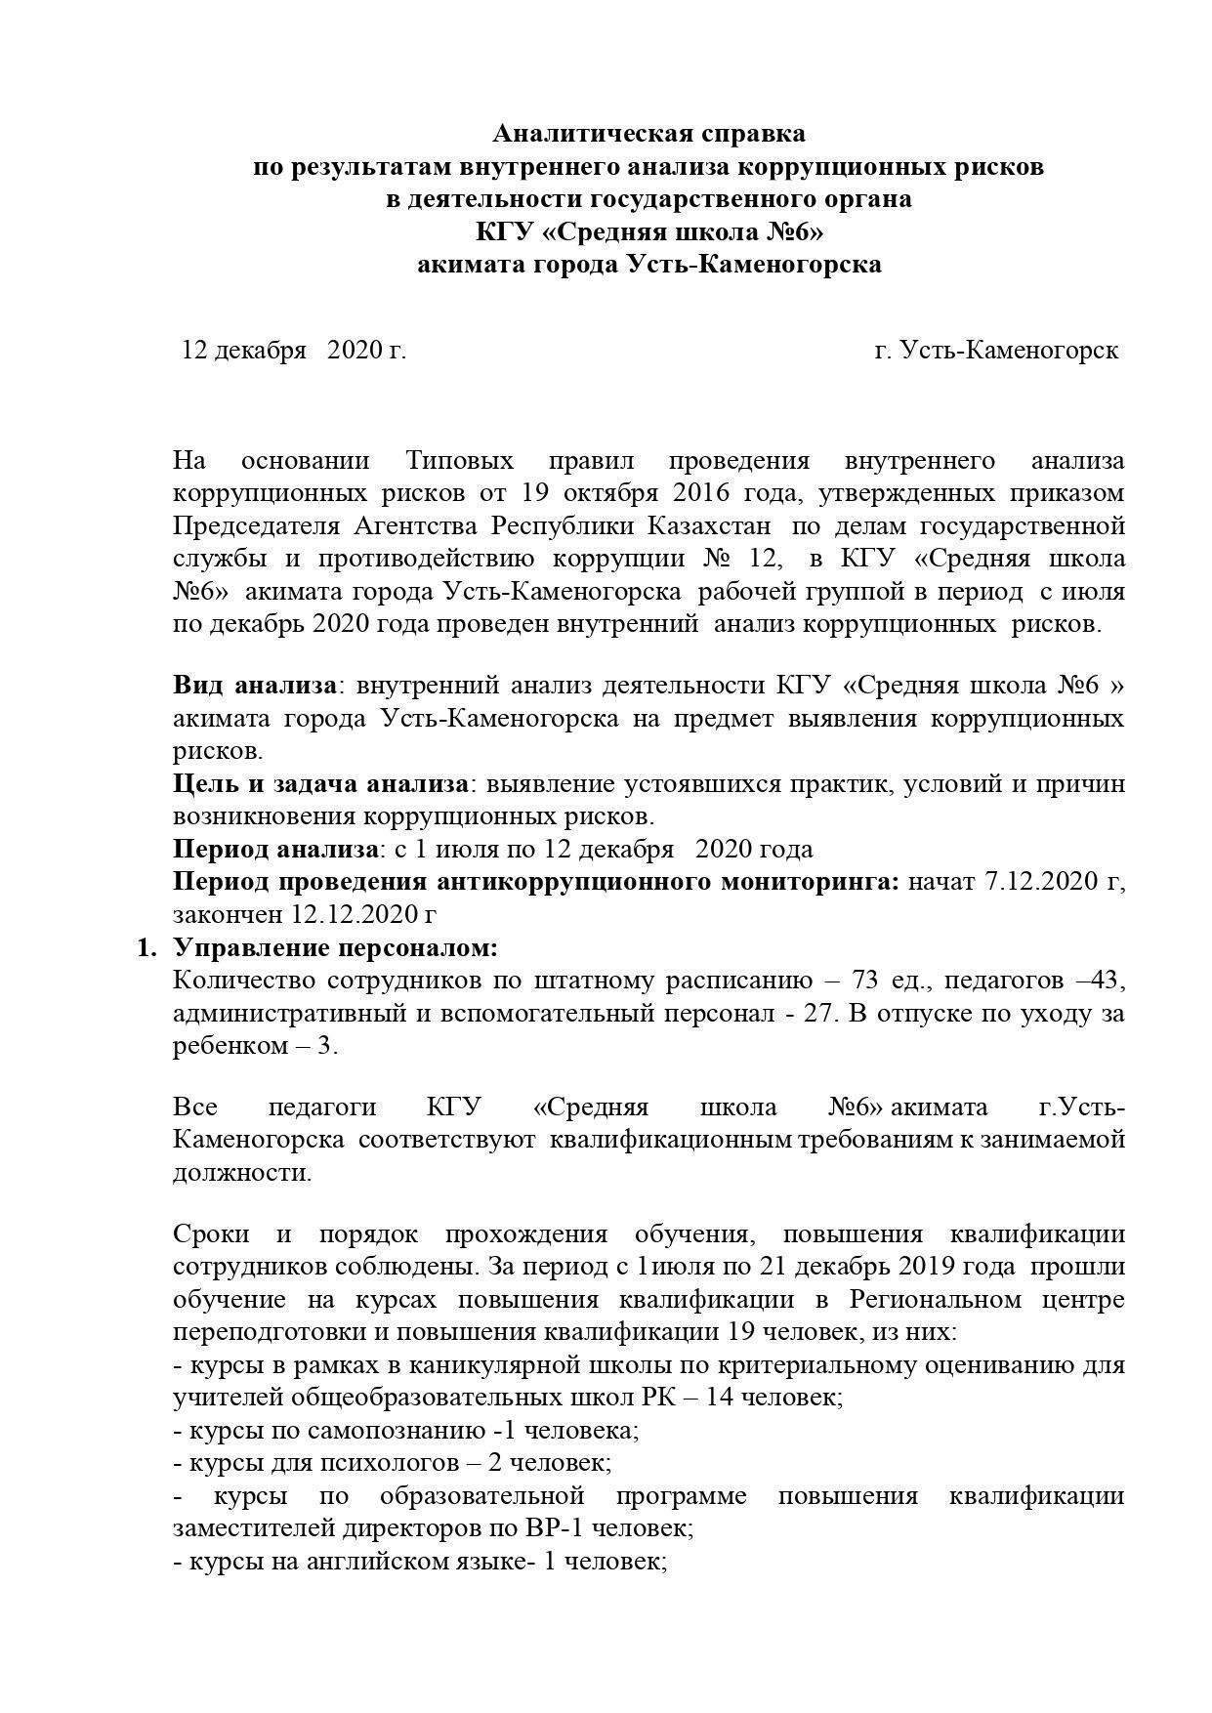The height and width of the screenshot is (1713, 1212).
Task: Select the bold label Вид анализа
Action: pos(255,686)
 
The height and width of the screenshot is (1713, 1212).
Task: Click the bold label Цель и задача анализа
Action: pos(321,784)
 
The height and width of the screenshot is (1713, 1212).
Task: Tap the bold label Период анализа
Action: pos(274,850)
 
